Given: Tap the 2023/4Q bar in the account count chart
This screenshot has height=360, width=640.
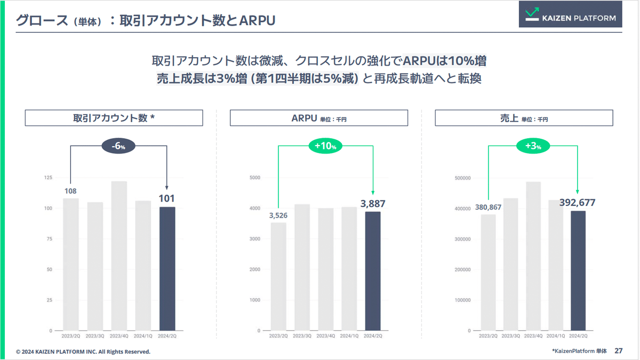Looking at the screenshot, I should pyautogui.click(x=119, y=256).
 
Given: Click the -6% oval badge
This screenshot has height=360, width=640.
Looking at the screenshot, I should pyautogui.click(x=119, y=146).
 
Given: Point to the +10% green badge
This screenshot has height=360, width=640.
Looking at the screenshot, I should pyautogui.click(x=325, y=146).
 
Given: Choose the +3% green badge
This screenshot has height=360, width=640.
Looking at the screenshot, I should pyautogui.click(x=533, y=146).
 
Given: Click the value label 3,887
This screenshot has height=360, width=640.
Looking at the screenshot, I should pyautogui.click(x=373, y=204).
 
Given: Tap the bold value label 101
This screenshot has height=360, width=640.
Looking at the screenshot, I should pyautogui.click(x=167, y=198).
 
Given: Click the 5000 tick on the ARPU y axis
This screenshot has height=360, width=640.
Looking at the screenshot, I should pyautogui.click(x=254, y=178).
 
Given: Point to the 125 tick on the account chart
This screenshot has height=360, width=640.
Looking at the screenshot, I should pyautogui.click(x=47, y=178).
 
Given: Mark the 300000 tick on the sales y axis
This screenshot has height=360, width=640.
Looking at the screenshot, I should pyautogui.click(x=462, y=239).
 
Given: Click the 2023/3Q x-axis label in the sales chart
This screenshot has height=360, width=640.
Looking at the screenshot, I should pyautogui.click(x=513, y=336).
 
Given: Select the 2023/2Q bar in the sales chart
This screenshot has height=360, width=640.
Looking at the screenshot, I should pyautogui.click(x=489, y=272).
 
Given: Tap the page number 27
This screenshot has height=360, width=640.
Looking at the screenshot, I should pyautogui.click(x=619, y=351).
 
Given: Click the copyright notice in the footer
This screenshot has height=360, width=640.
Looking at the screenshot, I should pyautogui.click(x=83, y=352).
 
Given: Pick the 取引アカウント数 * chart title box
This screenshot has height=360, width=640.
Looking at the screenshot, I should pyautogui.click(x=114, y=118).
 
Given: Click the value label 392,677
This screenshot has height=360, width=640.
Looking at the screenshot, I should pyautogui.click(x=577, y=203).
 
